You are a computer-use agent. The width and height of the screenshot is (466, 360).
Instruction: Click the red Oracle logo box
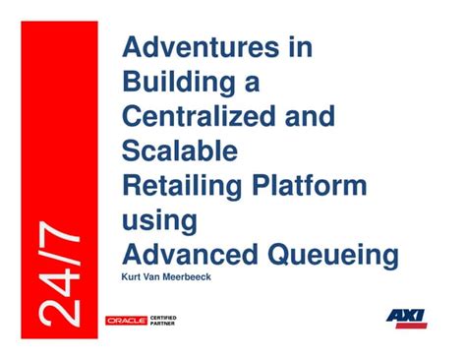(x=126, y=321)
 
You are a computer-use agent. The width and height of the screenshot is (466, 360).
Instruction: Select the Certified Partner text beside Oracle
(x=163, y=321)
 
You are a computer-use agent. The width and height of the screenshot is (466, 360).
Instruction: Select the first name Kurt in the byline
(x=131, y=277)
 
